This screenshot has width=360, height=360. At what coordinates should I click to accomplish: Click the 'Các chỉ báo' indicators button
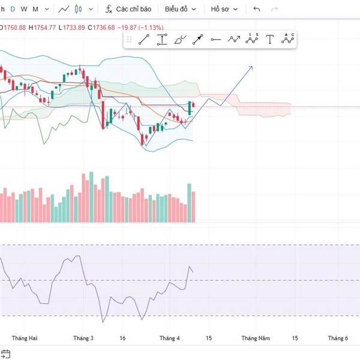click(128, 10)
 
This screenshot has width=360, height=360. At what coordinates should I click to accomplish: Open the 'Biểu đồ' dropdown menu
click(181, 10)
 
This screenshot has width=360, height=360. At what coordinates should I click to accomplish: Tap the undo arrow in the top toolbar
click(257, 10)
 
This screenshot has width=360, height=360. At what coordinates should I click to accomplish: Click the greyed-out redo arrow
click(275, 10)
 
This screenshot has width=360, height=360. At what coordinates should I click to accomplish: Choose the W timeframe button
click(23, 10)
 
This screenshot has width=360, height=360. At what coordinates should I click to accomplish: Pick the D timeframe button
click(13, 10)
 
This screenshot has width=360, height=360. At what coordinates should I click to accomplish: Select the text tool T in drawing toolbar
click(270, 40)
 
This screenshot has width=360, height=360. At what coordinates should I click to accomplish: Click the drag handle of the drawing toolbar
click(128, 40)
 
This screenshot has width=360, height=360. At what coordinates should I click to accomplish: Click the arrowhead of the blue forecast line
click(251, 67)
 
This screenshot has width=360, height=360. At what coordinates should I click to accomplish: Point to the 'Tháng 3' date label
click(83, 338)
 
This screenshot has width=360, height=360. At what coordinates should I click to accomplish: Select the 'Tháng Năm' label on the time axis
click(256, 338)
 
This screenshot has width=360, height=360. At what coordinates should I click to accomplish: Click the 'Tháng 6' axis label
click(338, 338)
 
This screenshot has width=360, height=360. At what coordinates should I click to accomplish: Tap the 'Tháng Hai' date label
click(25, 338)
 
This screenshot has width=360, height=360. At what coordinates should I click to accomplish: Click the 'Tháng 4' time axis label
click(170, 338)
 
